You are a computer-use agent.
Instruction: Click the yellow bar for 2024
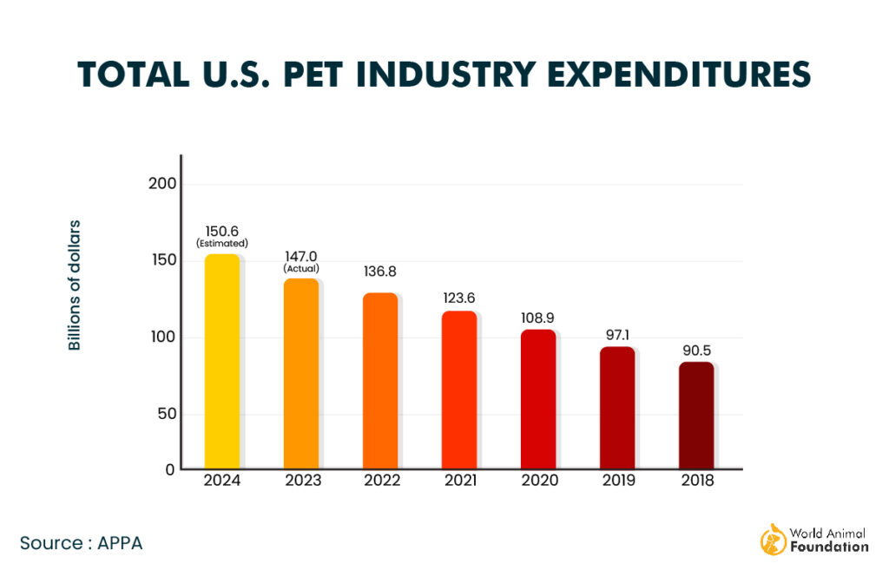click(221, 362)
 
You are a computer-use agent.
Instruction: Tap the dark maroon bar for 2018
click(696, 416)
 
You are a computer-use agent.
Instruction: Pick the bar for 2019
click(617, 408)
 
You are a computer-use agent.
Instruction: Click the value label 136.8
click(380, 271)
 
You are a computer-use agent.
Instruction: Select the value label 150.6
click(221, 231)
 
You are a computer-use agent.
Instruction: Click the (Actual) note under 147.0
click(301, 268)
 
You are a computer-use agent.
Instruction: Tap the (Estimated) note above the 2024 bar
click(221, 243)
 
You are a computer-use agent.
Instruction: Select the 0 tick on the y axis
click(170, 469)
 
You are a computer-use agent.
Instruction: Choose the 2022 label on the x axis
click(380, 481)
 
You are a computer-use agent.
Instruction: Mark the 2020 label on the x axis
click(538, 481)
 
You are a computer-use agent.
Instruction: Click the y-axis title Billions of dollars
click(75, 285)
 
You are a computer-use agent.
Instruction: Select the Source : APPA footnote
click(81, 543)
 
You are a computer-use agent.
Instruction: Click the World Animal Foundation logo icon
click(773, 539)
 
